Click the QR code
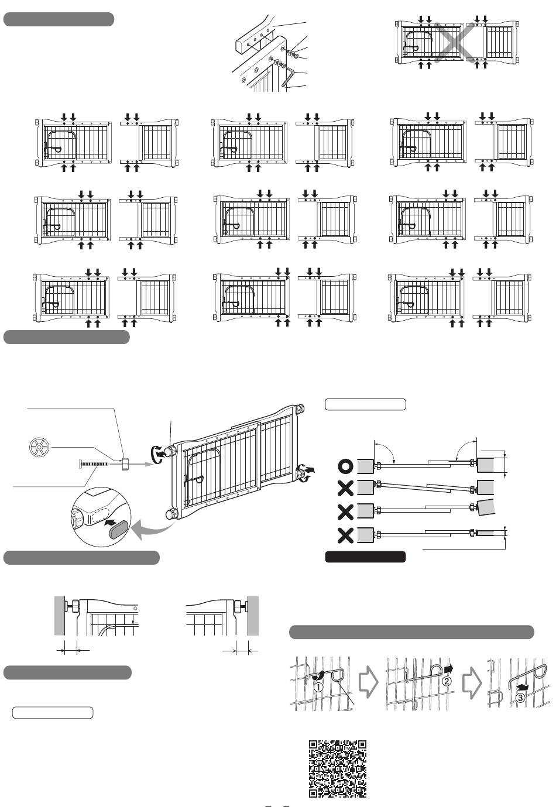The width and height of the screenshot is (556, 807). (337, 768)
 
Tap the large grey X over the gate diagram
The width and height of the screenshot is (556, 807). (455, 43)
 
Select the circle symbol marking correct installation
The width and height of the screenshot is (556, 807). (345, 466)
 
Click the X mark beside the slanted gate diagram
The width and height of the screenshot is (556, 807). (345, 488)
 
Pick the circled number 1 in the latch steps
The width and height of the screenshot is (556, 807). (318, 687)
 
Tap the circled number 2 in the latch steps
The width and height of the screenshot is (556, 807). (447, 681)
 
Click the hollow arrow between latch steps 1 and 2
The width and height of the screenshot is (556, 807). (368, 682)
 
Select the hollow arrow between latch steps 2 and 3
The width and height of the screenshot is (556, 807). (472, 682)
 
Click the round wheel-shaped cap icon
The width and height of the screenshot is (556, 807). (39, 447)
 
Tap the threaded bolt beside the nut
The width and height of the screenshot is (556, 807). (92, 465)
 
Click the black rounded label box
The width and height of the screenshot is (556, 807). (365, 557)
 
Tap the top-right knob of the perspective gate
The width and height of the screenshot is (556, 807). (300, 409)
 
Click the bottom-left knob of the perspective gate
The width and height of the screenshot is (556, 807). (171, 513)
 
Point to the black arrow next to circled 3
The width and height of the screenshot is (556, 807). (522, 687)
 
